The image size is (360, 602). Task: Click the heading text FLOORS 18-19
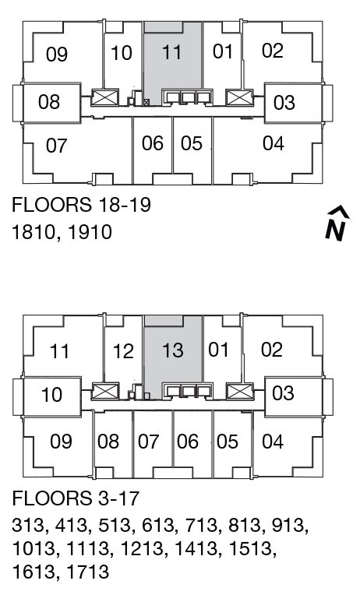pyautogui.click(x=81, y=206)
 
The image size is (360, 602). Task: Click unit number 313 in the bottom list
pyautogui.click(x=29, y=526)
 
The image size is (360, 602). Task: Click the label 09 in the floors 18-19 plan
pyautogui.click(x=57, y=55)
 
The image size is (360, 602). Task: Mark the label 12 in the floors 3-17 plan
pyautogui.click(x=122, y=351)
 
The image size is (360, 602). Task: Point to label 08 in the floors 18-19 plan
pyautogui.click(x=49, y=102)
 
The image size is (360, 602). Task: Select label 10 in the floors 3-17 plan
pyautogui.click(x=51, y=395)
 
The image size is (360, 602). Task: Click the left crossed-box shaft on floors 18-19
pyautogui.click(x=104, y=98)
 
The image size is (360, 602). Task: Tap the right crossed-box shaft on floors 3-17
pyautogui.click(x=238, y=391)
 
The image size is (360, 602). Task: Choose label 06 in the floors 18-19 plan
pyautogui.click(x=153, y=144)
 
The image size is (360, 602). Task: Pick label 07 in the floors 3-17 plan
pyautogui.click(x=148, y=442)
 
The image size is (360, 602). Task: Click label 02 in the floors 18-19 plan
pyautogui.click(x=272, y=51)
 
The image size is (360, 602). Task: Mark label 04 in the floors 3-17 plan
pyautogui.click(x=273, y=442)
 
